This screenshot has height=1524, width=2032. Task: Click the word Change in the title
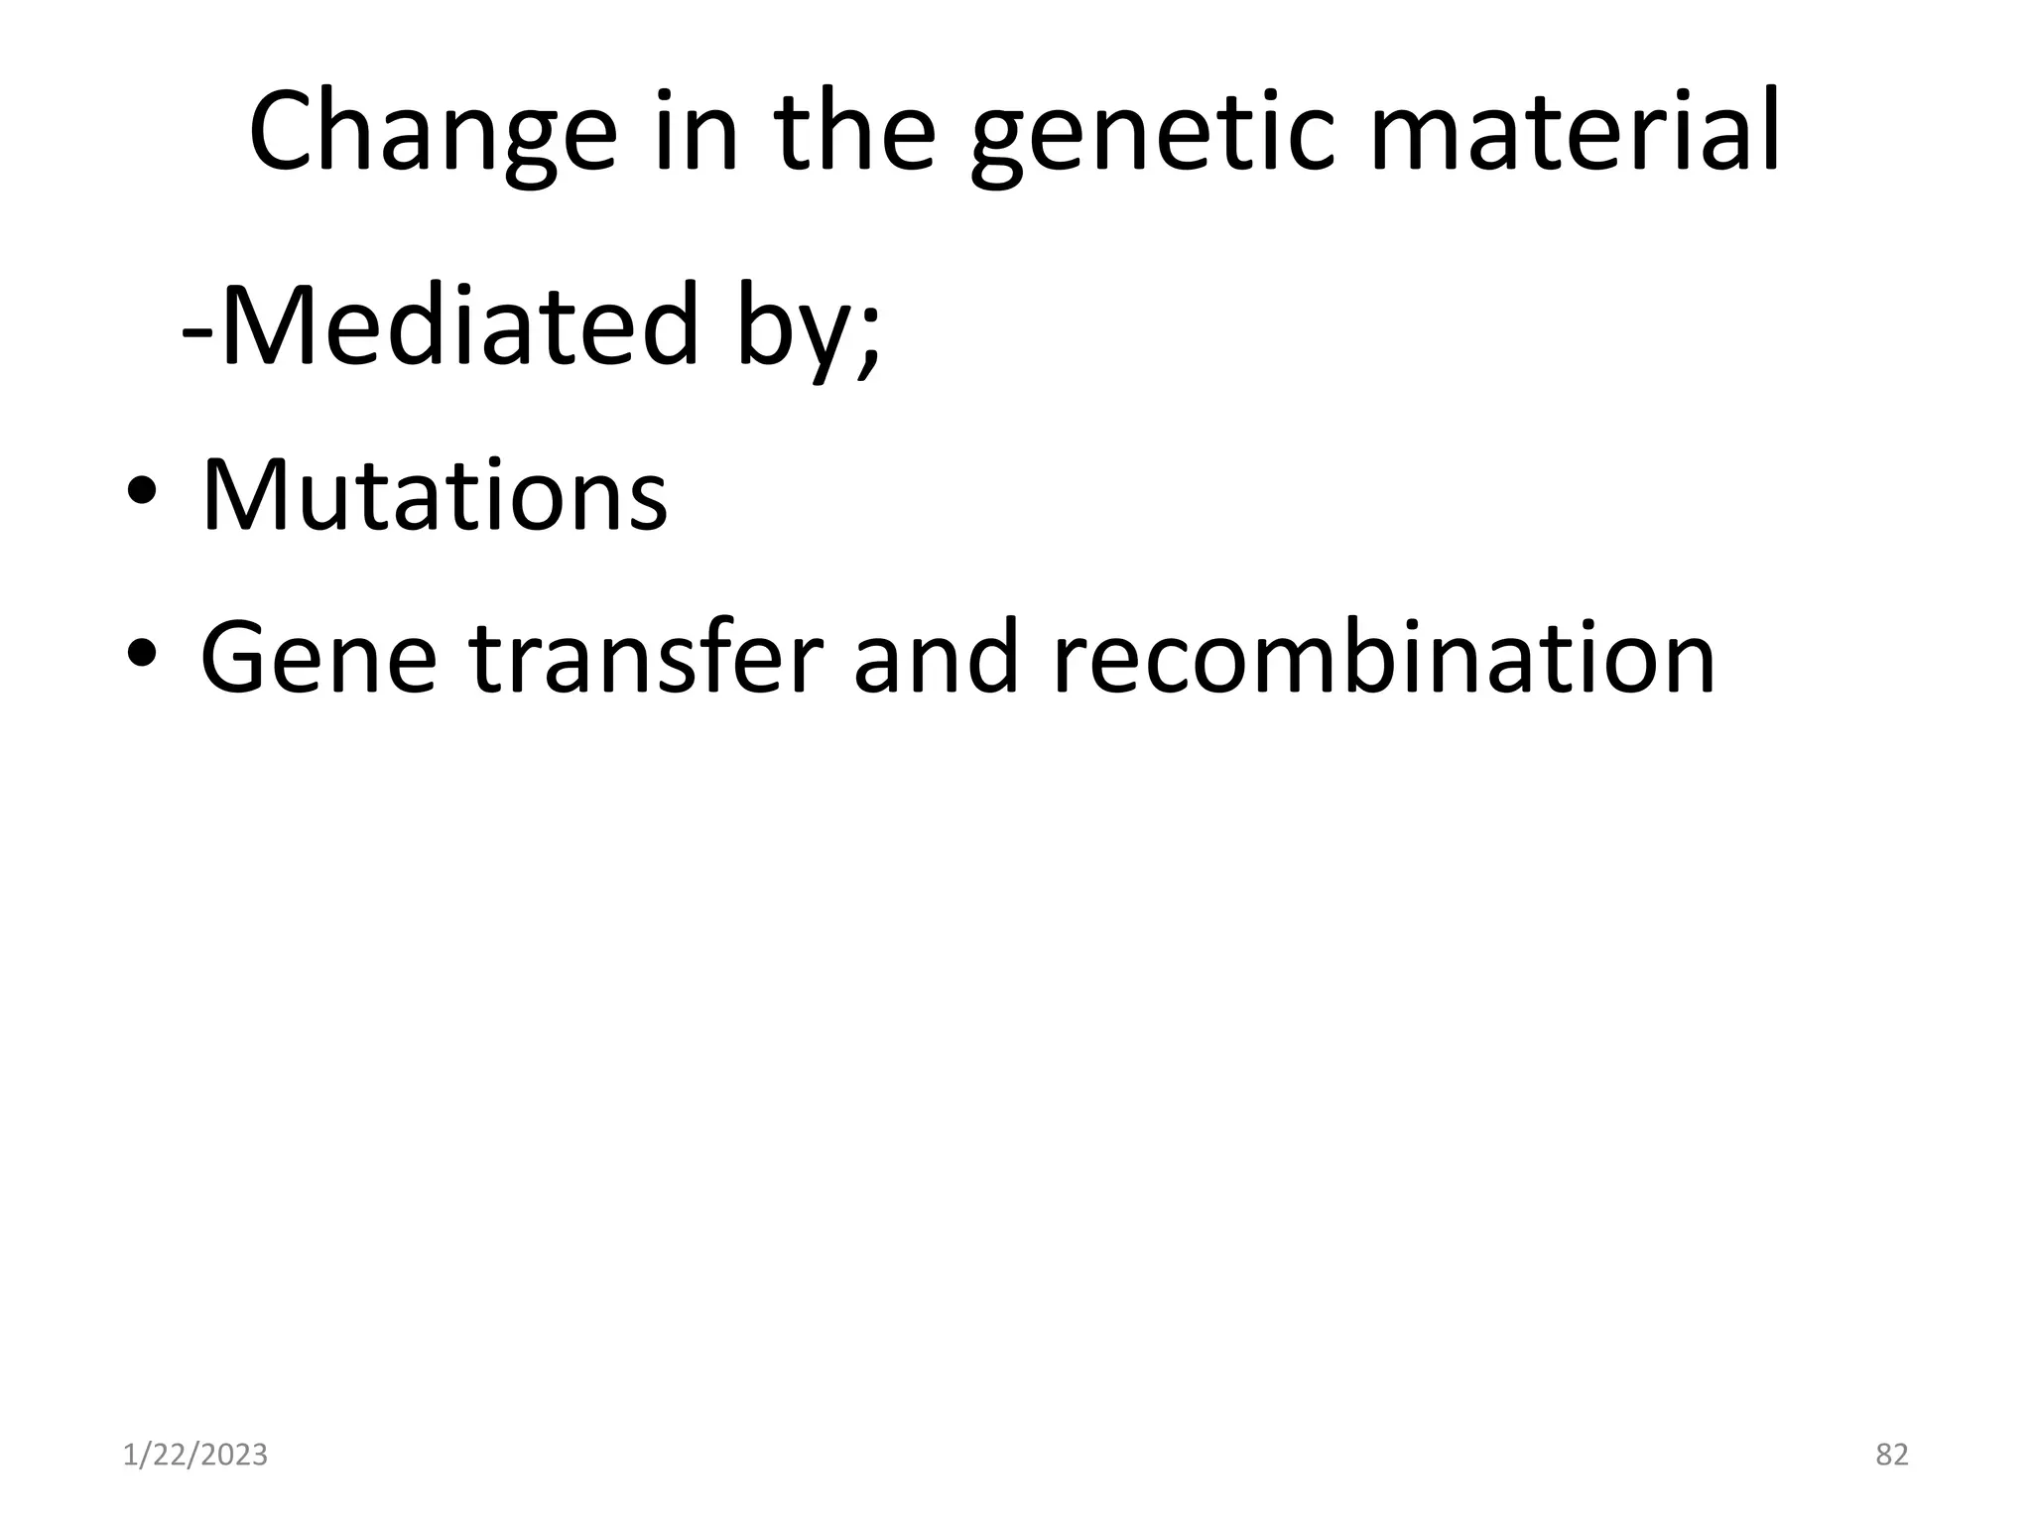tap(433, 134)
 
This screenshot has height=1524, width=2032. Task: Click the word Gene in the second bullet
tap(317, 658)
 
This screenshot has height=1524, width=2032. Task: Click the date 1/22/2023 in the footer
tap(195, 1456)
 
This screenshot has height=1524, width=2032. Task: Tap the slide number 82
tap(1891, 1456)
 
